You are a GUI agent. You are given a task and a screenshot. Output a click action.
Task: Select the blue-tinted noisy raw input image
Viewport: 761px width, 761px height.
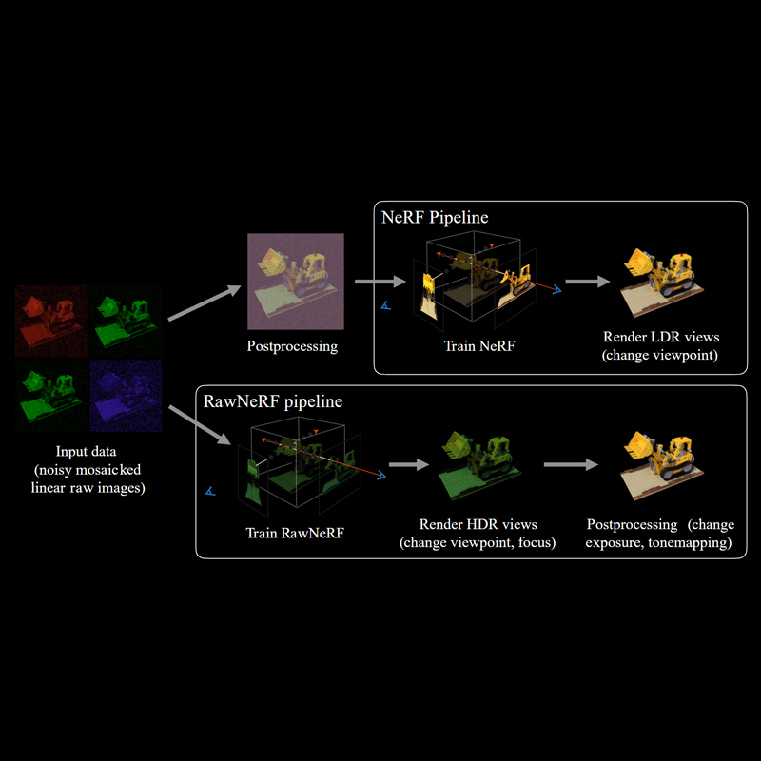pyautogui.click(x=126, y=393)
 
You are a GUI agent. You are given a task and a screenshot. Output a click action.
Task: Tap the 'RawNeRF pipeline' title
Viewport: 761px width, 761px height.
pyautogui.click(x=273, y=401)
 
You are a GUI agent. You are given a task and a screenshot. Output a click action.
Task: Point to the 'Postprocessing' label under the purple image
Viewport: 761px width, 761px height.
pyautogui.click(x=292, y=346)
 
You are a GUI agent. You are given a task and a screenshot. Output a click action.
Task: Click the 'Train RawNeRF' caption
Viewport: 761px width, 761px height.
pyautogui.click(x=295, y=533)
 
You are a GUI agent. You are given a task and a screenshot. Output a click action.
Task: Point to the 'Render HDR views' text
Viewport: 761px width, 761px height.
pyautogui.click(x=478, y=524)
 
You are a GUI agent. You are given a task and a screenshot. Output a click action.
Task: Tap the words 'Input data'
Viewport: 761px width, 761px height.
pyautogui.click(x=87, y=451)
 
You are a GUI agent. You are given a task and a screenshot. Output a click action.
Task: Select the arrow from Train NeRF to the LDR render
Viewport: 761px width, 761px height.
pyautogui.click(x=588, y=282)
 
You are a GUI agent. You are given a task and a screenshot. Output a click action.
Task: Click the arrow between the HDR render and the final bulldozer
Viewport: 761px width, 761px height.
pyautogui.click(x=572, y=465)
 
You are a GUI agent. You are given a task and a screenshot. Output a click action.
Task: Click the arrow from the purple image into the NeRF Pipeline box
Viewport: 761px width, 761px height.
pyautogui.click(x=378, y=282)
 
